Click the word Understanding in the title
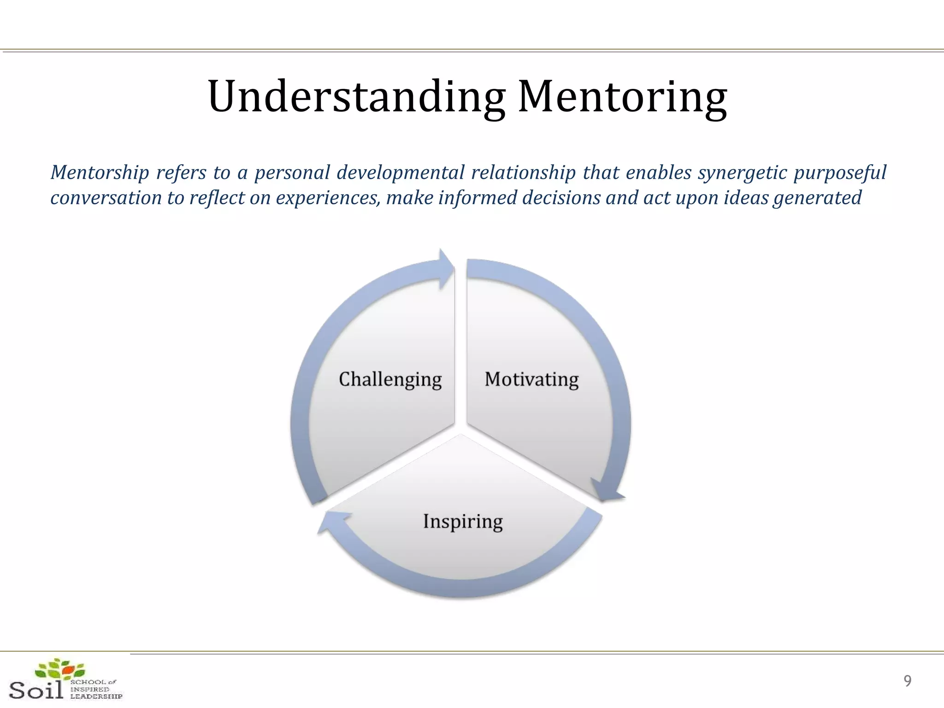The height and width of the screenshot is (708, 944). pos(356,97)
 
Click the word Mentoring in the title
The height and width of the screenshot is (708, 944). pos(622,97)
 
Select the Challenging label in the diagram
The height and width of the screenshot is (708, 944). pos(390,379)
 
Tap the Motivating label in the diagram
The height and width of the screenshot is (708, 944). pos(531,379)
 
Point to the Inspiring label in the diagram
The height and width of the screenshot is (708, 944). pos(463,522)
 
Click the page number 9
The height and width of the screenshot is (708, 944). pos(907,681)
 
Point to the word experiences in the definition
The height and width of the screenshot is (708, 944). pos(328,198)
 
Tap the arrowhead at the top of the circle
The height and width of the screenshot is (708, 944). pos(445,270)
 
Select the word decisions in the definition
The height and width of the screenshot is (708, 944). pos(561,198)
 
